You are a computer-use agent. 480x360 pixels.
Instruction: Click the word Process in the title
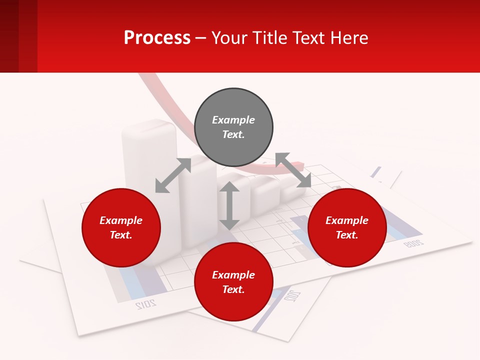(157, 37)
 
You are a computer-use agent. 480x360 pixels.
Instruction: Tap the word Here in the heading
(349, 37)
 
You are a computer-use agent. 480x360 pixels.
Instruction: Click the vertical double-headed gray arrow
(229, 205)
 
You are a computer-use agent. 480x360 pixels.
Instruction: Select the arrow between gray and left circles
(173, 175)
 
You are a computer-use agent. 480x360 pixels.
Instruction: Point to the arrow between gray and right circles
(293, 170)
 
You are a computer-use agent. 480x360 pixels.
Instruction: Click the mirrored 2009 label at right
(413, 243)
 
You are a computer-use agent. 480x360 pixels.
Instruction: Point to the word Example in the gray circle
(233, 120)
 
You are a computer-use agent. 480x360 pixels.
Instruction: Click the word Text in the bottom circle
(233, 289)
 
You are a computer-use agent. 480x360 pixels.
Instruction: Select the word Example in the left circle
(121, 220)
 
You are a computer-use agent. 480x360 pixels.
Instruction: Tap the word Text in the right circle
(347, 235)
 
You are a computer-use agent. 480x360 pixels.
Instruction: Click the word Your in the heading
(229, 37)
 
